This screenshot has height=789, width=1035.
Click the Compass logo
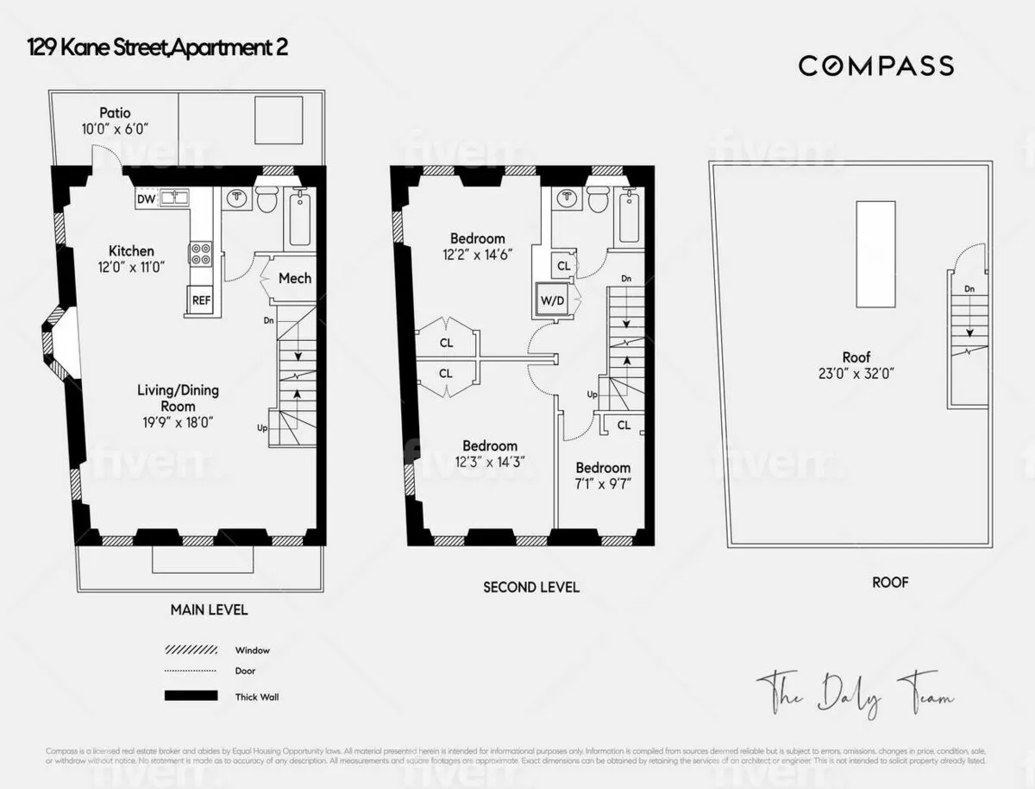point(875,66)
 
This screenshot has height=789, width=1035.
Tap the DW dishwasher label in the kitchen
point(146,199)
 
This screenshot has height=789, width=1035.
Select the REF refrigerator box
point(201,300)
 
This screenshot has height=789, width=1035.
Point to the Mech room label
point(295,278)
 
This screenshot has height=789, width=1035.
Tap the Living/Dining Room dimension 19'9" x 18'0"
point(178,422)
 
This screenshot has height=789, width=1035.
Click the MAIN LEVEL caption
point(209,609)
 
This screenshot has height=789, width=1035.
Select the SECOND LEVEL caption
point(530,587)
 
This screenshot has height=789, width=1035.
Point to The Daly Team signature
point(854,695)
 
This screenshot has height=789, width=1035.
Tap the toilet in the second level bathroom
point(598,199)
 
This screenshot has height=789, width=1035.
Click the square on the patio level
point(278,120)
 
